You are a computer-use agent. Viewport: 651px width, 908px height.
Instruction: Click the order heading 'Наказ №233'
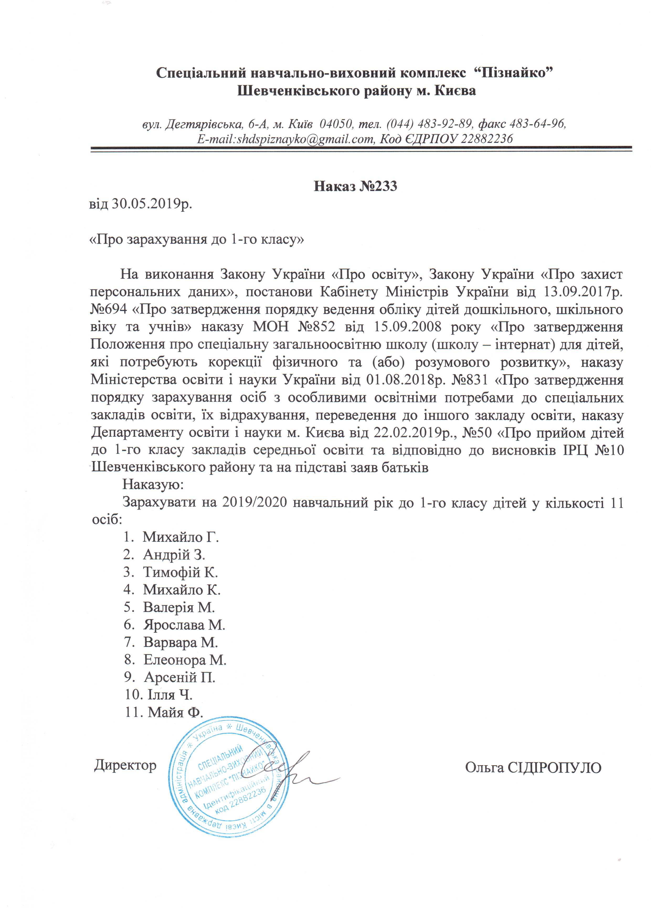pyautogui.click(x=355, y=186)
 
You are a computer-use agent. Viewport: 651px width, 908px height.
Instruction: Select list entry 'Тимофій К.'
pyautogui.click(x=180, y=572)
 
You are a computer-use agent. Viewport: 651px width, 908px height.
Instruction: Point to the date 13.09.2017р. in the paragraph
pyautogui.click(x=582, y=291)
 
